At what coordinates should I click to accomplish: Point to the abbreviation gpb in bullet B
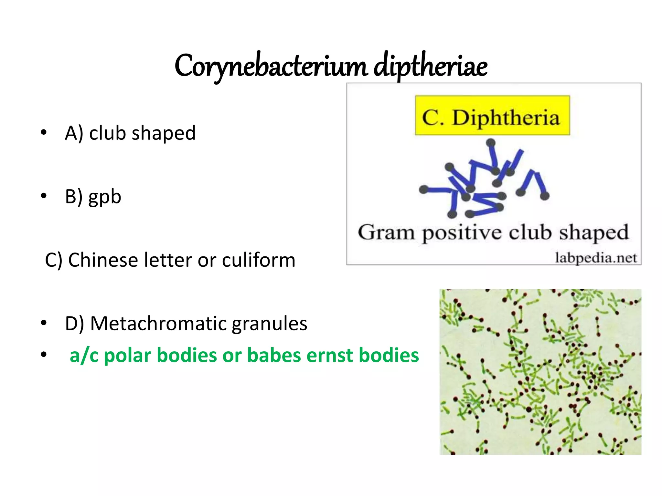pyautogui.click(x=105, y=197)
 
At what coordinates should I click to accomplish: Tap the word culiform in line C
pyautogui.click(x=258, y=260)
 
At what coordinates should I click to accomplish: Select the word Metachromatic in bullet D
pyautogui.click(x=157, y=323)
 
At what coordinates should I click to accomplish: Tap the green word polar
pyautogui.click(x=127, y=356)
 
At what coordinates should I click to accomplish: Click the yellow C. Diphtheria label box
pyautogui.click(x=492, y=115)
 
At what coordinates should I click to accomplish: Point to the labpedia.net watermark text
pyautogui.click(x=595, y=258)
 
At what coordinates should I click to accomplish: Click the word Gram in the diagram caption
pyautogui.click(x=386, y=232)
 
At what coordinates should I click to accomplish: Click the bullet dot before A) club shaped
pyautogui.click(x=44, y=133)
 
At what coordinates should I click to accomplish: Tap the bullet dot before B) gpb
pyautogui.click(x=44, y=196)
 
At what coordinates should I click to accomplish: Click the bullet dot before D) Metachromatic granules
pyautogui.click(x=44, y=323)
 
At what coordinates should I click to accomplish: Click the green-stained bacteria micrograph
pyautogui.click(x=540, y=372)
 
